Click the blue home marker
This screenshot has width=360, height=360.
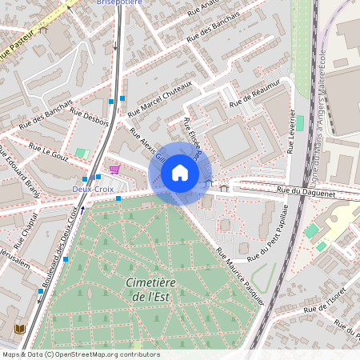[x=180, y=173]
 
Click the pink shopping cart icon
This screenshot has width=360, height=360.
[x=114, y=170]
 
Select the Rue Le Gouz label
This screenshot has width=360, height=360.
[x=50, y=152]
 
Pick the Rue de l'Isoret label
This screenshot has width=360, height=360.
[x=323, y=304]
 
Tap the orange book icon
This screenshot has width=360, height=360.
[x=20, y=329]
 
